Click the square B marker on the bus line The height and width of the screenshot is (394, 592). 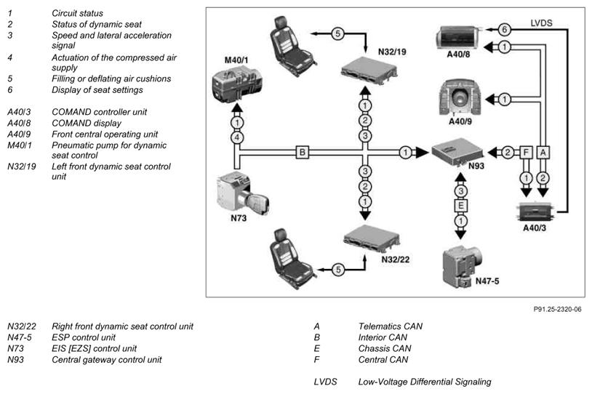(x=302, y=153)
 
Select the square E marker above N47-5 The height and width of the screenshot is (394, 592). (x=460, y=206)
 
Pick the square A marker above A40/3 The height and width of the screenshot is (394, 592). (x=544, y=153)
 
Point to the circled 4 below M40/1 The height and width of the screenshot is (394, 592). (x=236, y=137)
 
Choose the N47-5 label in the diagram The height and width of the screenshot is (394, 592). (x=467, y=281)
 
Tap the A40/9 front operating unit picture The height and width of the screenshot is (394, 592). (x=463, y=96)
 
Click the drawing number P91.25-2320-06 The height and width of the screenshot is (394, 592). (x=557, y=309)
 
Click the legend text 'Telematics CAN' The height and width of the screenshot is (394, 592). (x=390, y=326)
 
